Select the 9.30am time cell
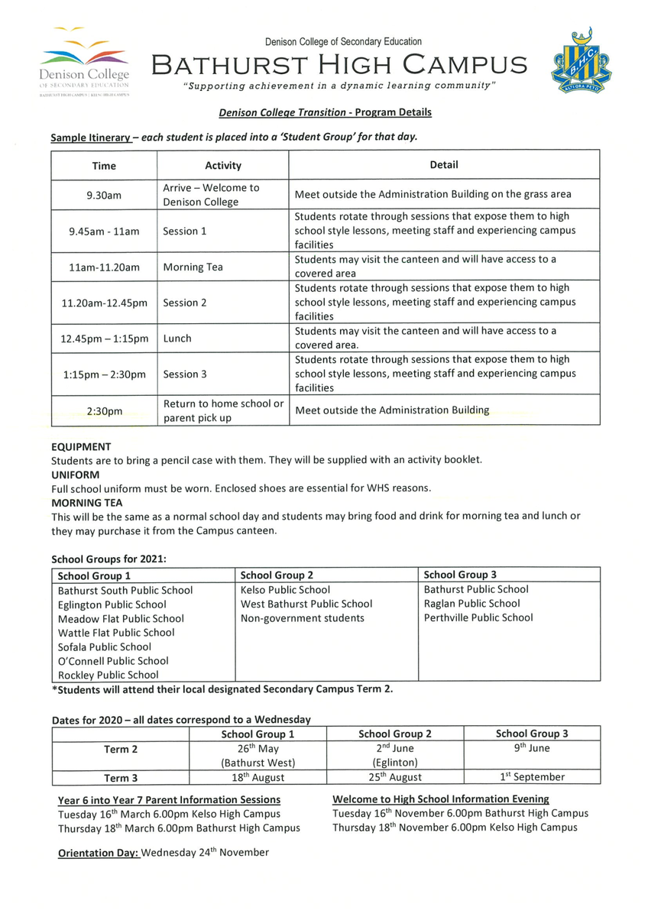[x=104, y=195]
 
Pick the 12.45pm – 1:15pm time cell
[x=104, y=338]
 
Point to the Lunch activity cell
[x=177, y=338]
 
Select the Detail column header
[x=444, y=164]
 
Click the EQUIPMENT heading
[x=81, y=446]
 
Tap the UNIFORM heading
[x=75, y=475]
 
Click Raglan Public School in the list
[x=471, y=604]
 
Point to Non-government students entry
[x=303, y=618]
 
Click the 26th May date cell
[x=258, y=749]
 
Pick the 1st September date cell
[x=532, y=777]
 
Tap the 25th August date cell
[x=395, y=777]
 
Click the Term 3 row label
[x=121, y=778]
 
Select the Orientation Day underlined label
[x=99, y=853]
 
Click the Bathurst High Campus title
[x=339, y=65]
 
